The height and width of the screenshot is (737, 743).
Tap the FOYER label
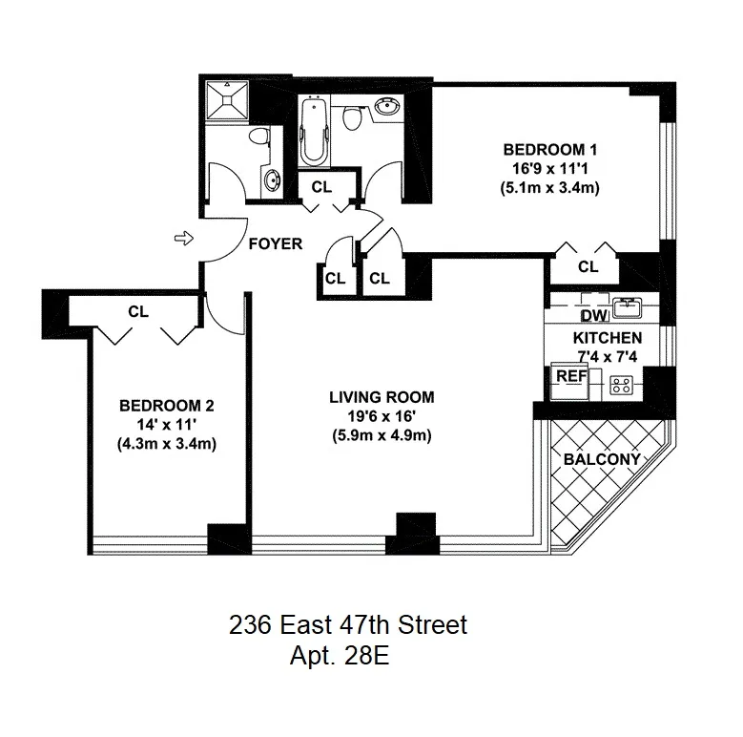276,243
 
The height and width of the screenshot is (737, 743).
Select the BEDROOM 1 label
550,150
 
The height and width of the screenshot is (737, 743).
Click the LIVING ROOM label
382,396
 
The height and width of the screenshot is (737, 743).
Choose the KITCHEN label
607,338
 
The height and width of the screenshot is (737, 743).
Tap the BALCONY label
602,459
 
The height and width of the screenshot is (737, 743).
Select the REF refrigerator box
571,376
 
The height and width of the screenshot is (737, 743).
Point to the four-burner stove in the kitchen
622,386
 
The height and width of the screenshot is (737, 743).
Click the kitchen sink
628,305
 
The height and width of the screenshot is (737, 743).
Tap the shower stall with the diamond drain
228,103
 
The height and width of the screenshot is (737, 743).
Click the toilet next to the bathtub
352,118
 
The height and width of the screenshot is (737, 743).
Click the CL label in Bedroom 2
138,310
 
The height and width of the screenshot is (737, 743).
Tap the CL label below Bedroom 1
588,266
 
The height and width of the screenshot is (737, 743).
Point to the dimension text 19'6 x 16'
382,417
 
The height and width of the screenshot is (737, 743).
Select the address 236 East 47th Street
348,626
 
